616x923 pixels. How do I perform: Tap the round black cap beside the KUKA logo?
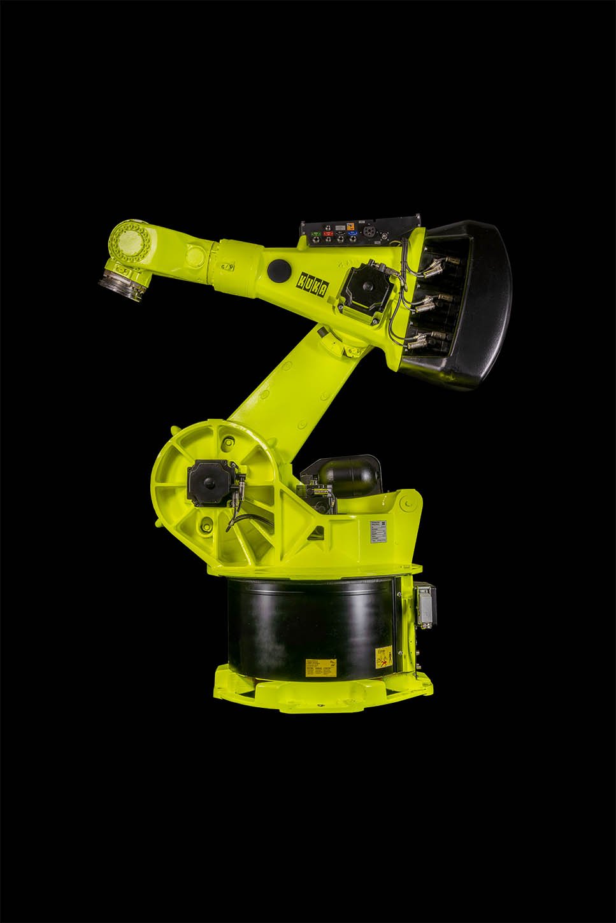click(x=278, y=269)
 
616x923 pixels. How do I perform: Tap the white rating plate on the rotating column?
click(x=378, y=531)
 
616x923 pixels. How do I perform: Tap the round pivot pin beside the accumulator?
click(x=403, y=504)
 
